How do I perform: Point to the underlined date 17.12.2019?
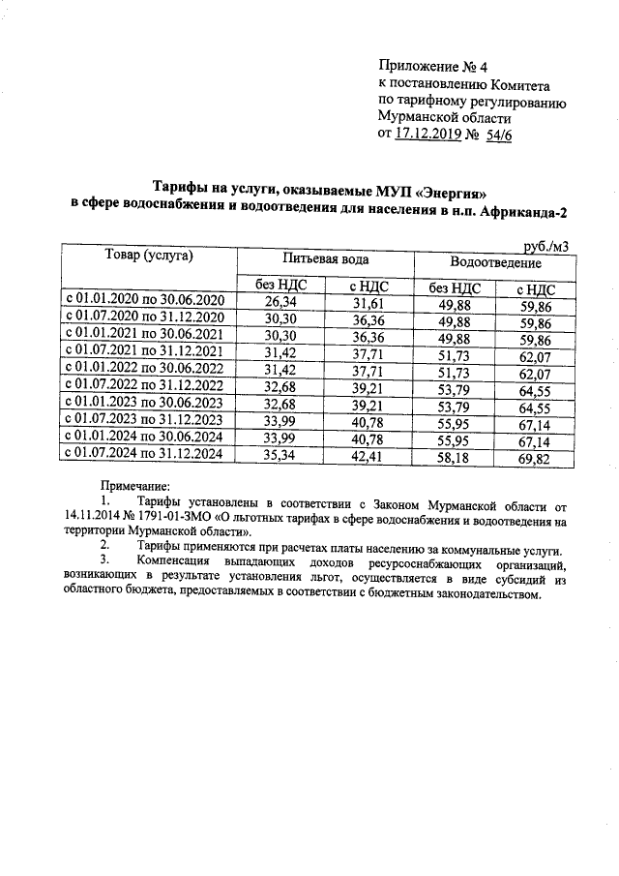click(429, 135)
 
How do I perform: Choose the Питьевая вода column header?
click(325, 260)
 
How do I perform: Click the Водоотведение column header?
click(495, 262)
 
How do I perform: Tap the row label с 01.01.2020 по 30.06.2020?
click(145, 302)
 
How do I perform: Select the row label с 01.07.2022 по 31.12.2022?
click(145, 385)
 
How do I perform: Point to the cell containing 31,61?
click(367, 304)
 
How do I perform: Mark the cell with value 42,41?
click(367, 454)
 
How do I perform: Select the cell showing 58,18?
click(454, 455)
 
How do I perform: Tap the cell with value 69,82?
click(535, 456)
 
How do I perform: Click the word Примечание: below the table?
click(135, 487)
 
